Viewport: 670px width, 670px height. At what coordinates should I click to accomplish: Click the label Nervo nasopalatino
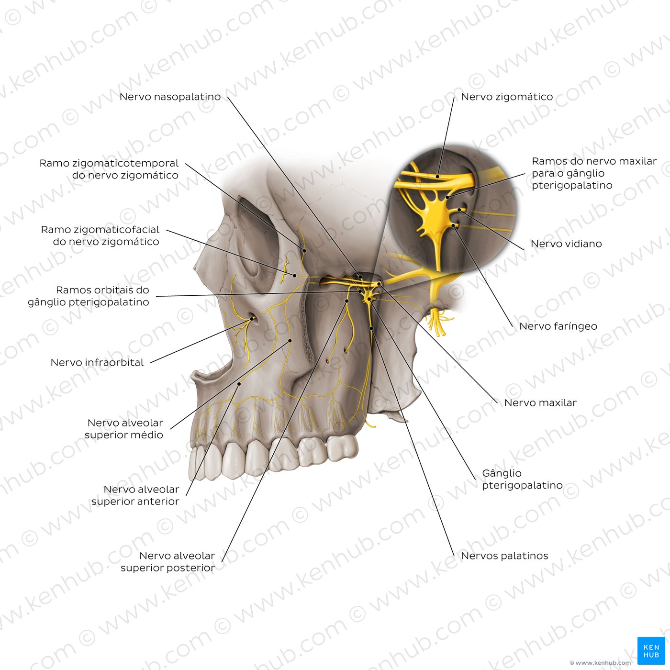coord(170,97)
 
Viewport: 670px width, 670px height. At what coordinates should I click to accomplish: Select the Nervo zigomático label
coord(507,97)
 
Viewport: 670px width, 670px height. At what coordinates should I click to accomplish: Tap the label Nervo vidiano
coord(566,244)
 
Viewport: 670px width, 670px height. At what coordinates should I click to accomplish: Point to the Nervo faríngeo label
coord(558,326)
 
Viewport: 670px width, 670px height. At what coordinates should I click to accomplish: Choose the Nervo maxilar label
coord(540,402)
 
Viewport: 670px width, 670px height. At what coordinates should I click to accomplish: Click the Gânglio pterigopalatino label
coord(522,479)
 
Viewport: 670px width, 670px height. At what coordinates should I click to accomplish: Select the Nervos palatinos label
coord(504,556)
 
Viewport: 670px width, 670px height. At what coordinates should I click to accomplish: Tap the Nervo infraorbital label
coord(97,362)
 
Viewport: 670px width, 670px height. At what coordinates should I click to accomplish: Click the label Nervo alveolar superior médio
coord(124,429)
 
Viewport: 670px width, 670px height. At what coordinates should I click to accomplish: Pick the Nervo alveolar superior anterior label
coord(135,495)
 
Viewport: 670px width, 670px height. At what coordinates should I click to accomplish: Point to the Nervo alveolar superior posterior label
coord(167,561)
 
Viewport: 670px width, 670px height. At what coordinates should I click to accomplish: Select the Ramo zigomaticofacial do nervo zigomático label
coord(100,235)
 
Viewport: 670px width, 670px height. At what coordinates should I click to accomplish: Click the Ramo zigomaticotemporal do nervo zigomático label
coord(109,169)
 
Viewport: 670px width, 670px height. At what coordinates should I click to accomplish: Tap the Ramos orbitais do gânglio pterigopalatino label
coord(89,296)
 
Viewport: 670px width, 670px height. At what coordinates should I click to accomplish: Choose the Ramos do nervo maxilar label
coord(594,173)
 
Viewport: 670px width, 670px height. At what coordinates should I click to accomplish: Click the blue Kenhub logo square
coord(651,651)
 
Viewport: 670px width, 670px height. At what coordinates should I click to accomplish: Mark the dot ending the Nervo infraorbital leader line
coord(252,318)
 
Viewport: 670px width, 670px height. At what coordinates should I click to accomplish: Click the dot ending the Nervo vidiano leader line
coord(459,210)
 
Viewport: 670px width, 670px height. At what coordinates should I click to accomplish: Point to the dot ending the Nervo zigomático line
coord(438,177)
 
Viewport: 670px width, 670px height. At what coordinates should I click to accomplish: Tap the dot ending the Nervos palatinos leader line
coord(371,328)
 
